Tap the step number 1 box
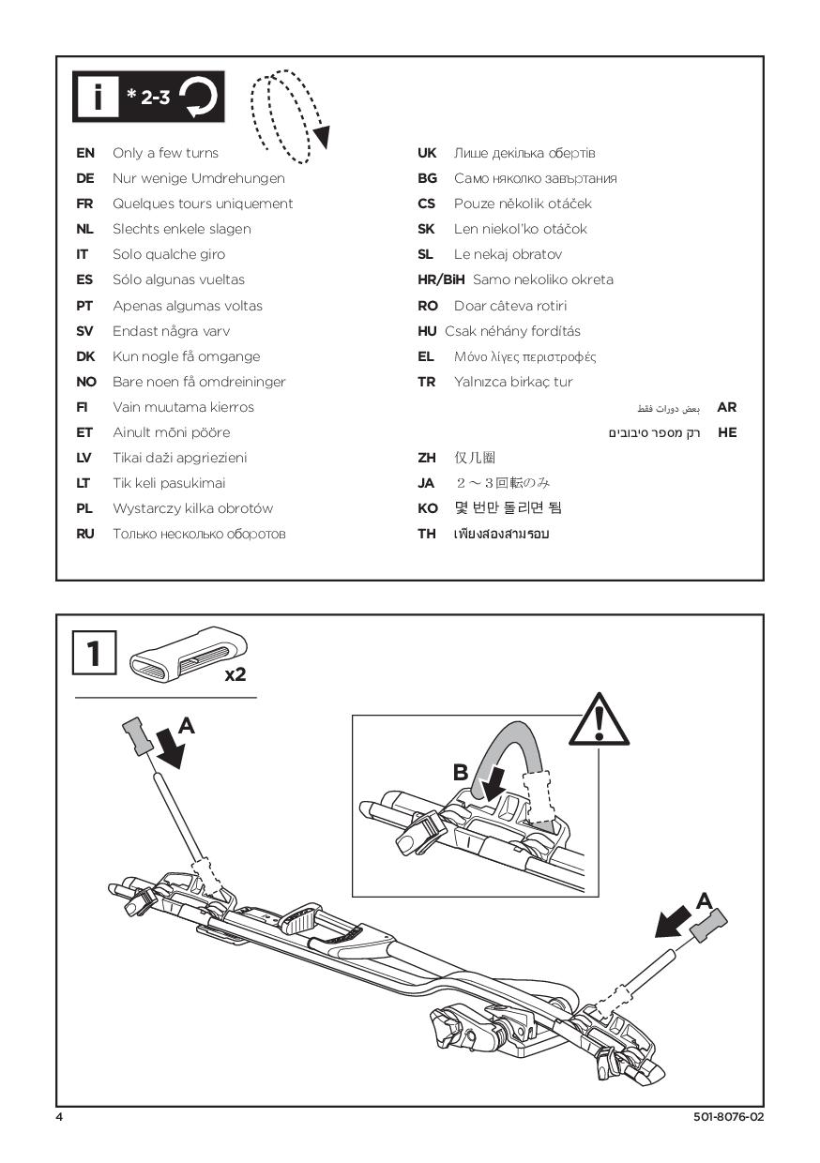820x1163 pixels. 95,653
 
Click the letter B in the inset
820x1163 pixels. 461,772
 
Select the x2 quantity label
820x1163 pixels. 235,674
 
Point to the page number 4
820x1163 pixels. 59,1117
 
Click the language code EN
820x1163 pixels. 84,153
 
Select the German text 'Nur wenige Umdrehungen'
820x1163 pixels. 198,178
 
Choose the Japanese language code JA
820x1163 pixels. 426,483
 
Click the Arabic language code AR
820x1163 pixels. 726,407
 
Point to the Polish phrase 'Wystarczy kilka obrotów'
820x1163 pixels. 192,508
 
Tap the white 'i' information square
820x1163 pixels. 98,98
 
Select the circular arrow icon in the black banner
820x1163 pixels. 200,98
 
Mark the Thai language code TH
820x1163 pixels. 427,534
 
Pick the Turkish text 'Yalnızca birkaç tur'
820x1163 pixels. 512,382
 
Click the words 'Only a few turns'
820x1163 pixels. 165,153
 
